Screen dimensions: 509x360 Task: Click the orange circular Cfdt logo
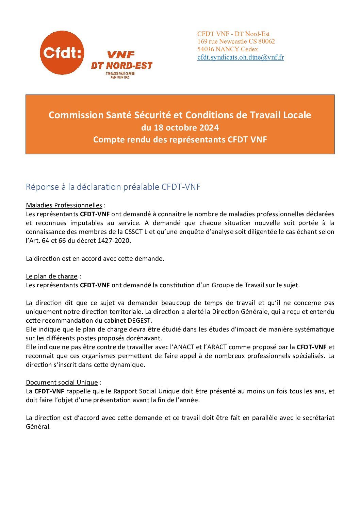(x=62, y=53)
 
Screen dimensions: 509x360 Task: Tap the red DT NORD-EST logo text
(x=121, y=66)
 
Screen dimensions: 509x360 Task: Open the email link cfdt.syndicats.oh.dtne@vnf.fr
(x=241, y=57)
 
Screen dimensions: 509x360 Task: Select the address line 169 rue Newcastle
(x=236, y=41)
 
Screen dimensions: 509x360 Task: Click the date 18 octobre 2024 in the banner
(x=180, y=128)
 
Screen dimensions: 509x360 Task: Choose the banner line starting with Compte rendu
(x=180, y=139)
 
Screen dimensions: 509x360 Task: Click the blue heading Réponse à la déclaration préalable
(x=113, y=187)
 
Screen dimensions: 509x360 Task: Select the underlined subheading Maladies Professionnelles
(x=64, y=205)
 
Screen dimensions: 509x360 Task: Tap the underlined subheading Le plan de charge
(x=52, y=276)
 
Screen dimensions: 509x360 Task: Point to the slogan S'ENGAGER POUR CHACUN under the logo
(x=122, y=74)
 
